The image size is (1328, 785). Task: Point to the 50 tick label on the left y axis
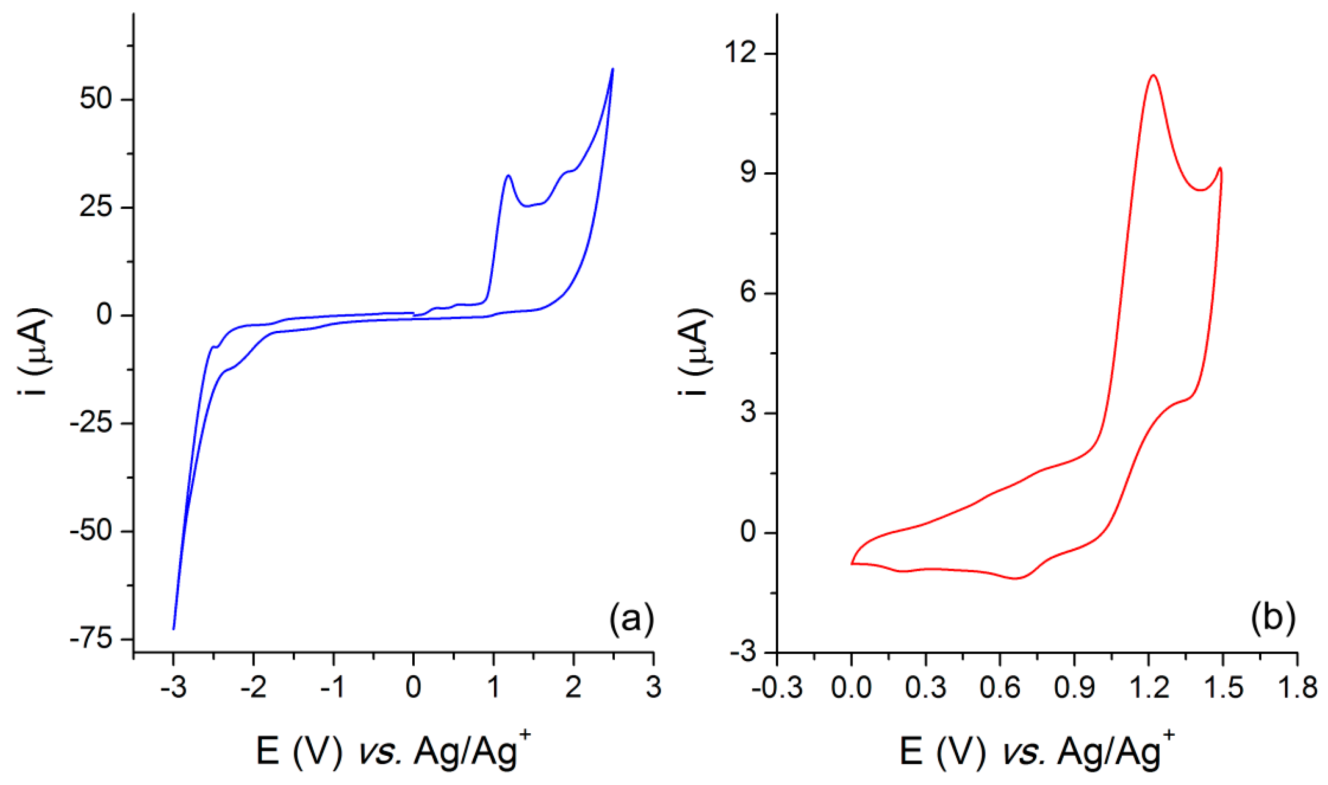coord(96,99)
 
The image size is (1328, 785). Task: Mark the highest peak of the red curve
coord(1153,75)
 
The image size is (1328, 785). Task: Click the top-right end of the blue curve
coord(613,69)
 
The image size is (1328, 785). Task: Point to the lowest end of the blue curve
coord(174,629)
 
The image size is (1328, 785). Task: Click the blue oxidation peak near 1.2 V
coord(508,175)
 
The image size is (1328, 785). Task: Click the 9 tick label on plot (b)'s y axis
coord(748,173)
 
